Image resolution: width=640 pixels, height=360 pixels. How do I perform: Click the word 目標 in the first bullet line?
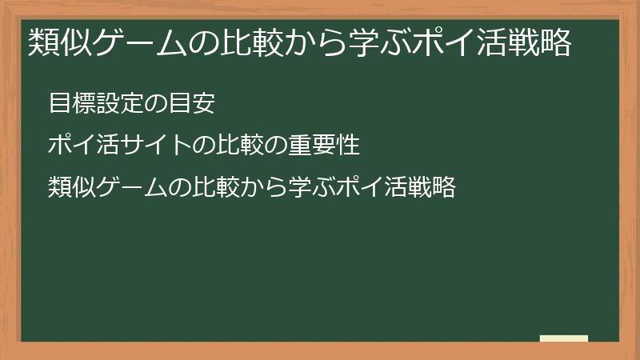click(70, 103)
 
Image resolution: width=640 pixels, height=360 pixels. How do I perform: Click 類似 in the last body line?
click(70, 188)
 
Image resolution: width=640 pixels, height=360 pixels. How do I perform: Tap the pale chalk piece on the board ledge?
click(564, 338)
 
